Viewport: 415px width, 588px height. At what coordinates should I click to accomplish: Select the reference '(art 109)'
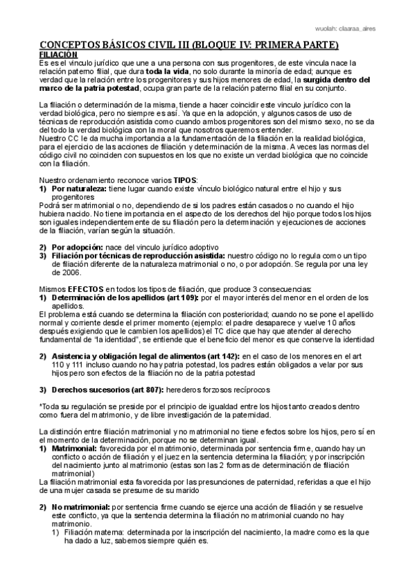(181, 297)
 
